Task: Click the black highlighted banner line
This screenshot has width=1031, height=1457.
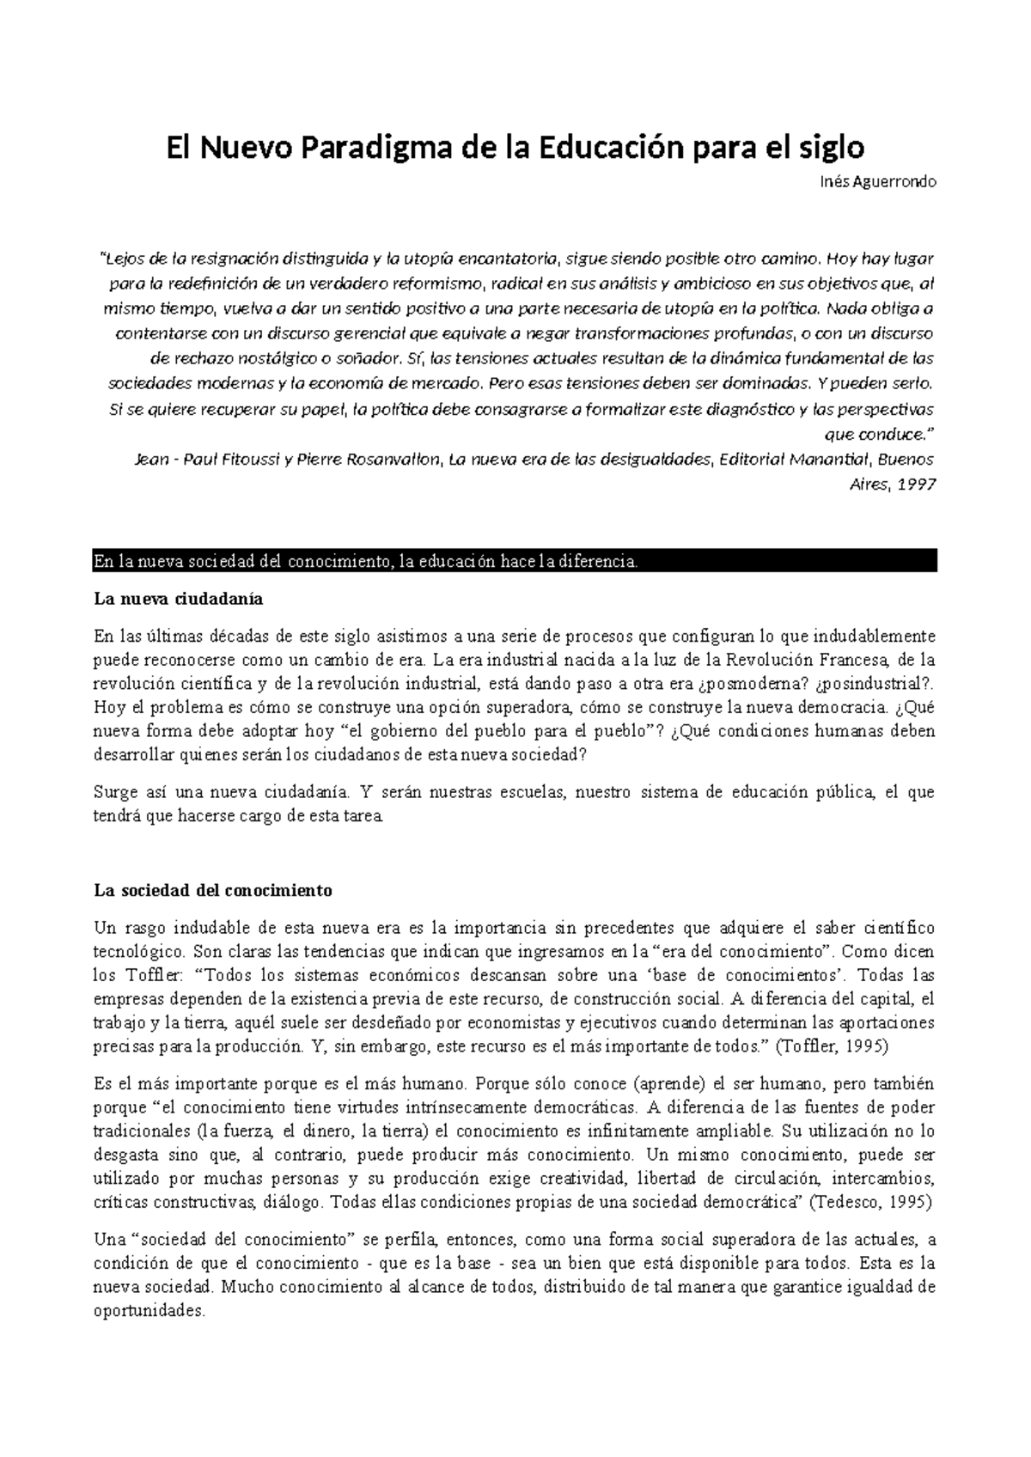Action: pyautogui.click(x=514, y=563)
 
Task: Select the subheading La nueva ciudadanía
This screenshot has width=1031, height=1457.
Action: pyautogui.click(x=178, y=598)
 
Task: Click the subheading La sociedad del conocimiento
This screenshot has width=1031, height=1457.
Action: pyautogui.click(x=212, y=890)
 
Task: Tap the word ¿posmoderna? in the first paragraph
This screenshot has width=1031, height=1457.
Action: pyautogui.click(x=745, y=684)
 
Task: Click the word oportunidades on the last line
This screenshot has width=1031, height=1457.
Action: pyautogui.click(x=149, y=1312)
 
